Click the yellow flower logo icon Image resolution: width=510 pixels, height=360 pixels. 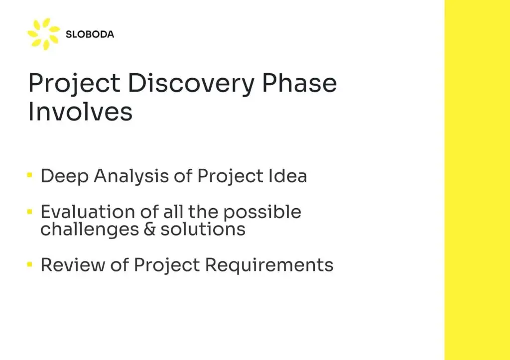tap(44, 34)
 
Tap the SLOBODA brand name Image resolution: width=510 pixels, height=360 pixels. tap(90, 34)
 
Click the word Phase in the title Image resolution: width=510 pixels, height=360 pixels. tap(299, 83)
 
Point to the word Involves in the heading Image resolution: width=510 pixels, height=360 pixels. tap(80, 111)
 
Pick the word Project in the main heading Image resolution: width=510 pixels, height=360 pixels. tap(75, 84)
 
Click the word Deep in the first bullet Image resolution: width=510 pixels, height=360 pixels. tap(64, 176)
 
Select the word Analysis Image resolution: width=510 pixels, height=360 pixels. tap(131, 176)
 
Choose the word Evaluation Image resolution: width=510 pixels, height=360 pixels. tap(88, 212)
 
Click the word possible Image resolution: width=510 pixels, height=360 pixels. tap(262, 213)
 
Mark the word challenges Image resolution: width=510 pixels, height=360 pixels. tap(90, 229)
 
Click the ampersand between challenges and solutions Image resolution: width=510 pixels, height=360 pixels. tap(149, 229)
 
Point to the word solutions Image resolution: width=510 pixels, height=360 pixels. tap(203, 229)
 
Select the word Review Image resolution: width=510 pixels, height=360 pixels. tap(73, 265)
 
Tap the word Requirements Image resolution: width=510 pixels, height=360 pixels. tap(269, 265)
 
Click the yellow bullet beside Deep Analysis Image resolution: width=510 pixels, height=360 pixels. tap(30, 175)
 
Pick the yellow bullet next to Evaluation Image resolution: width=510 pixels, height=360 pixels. tap(30, 212)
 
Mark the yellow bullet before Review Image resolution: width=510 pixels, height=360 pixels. tap(30, 264)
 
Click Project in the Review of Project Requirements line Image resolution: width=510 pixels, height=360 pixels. tap(167, 265)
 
